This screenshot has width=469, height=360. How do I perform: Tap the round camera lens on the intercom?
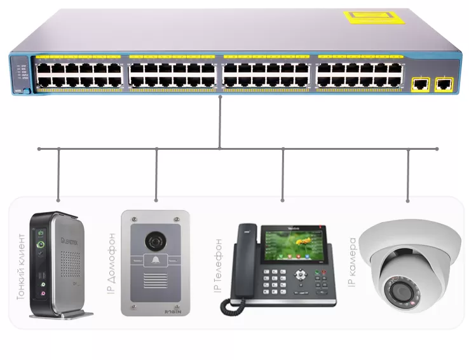click(155, 241)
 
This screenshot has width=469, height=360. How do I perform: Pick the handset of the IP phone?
click(240, 267)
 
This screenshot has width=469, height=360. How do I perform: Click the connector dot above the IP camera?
click(407, 201)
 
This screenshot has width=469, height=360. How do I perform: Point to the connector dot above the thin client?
click(58, 200)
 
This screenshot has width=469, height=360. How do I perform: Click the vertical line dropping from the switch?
click(219, 121)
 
